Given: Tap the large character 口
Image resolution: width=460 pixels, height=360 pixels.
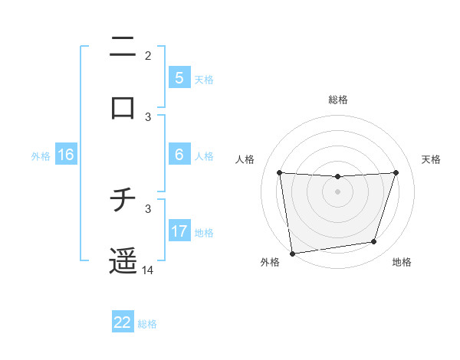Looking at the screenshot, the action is (x=123, y=108).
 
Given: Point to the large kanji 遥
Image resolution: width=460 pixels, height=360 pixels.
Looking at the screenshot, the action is (x=123, y=261).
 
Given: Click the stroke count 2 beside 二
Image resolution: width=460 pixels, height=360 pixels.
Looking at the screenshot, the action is (x=148, y=55).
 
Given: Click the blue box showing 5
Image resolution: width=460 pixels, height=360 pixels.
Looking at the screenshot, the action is (x=179, y=77).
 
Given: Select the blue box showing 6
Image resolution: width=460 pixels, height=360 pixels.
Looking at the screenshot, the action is (x=179, y=155).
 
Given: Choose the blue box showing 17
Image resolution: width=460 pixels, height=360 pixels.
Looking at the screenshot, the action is (x=179, y=231).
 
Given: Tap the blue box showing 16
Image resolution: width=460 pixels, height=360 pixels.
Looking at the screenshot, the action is (x=66, y=155).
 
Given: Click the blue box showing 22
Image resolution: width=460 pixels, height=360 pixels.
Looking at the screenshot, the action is (x=123, y=322).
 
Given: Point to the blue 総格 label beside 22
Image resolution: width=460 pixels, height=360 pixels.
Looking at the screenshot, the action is (x=147, y=324).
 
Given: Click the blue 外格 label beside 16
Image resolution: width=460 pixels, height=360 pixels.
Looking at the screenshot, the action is (x=41, y=156).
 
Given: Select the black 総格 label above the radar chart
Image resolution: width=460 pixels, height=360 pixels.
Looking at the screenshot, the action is (x=338, y=100).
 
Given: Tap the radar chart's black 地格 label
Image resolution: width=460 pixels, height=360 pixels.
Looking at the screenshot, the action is (x=402, y=263).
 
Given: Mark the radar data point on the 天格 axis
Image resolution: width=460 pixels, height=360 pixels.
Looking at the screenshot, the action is (x=396, y=172).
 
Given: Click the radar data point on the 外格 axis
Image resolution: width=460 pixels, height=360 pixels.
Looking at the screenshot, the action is (x=292, y=253).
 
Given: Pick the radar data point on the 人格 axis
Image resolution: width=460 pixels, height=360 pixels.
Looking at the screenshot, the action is (x=279, y=172).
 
